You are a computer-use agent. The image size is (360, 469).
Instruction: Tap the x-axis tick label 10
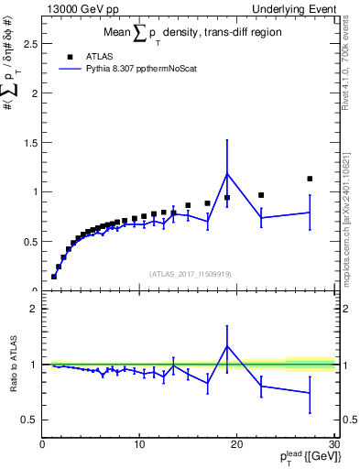coord(139,445)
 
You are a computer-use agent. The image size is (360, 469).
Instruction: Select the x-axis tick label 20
coord(236,445)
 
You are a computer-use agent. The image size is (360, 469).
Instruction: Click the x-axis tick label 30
coord(333,445)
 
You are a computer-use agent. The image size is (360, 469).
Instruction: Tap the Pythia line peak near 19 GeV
coord(227,173)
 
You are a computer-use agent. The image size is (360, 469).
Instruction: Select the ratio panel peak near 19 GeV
coord(227,346)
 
